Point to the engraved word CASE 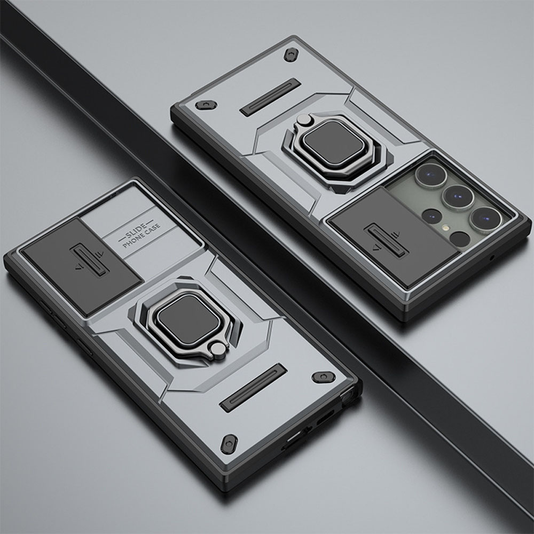pyautogui.click(x=152, y=230)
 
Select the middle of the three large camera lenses pyautogui.click(x=458, y=197)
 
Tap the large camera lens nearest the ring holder pyautogui.click(x=431, y=175)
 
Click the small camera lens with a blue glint pyautogui.click(x=432, y=215)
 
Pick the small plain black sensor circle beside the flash pyautogui.click(x=459, y=239)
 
